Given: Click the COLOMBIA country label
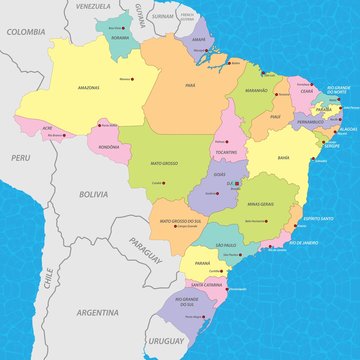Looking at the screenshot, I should point(26,32).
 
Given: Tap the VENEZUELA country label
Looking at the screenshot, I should point(92,6).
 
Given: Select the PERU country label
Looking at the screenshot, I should point(21,158).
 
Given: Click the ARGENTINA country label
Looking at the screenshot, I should point(98,312).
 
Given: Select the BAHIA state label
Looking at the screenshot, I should point(283,158).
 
